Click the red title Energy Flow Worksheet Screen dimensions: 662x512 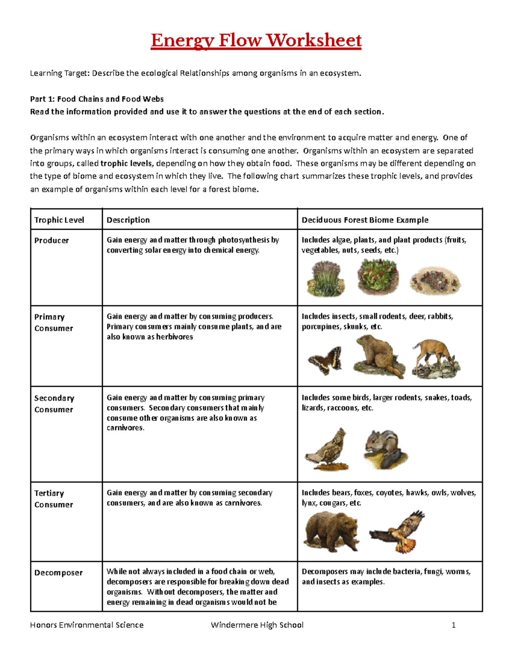[256, 41]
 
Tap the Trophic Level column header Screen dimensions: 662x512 [59, 220]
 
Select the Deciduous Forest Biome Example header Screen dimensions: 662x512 [365, 220]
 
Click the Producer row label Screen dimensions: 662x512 [51, 240]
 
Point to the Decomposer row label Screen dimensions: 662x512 [58, 572]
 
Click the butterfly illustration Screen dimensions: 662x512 [325, 361]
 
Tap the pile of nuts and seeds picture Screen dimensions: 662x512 [435, 281]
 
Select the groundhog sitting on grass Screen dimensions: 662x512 [378, 356]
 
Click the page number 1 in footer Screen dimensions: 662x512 [454, 625]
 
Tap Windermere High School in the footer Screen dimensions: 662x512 [257, 625]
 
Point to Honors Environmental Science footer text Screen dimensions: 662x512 [87, 625]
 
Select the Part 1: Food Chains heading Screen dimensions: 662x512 [97, 99]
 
